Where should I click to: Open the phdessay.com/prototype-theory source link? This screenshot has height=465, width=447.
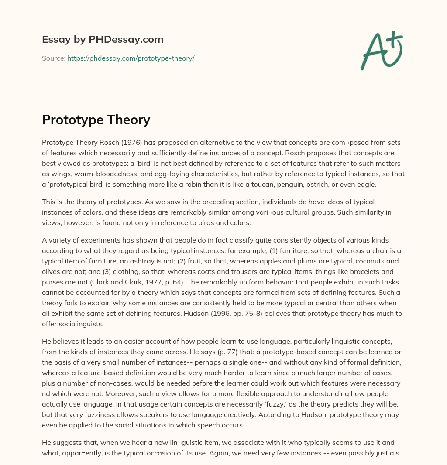(x=131, y=58)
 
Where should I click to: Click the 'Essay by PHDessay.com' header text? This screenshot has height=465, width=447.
(x=103, y=39)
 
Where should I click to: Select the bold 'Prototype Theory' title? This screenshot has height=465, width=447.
(x=96, y=120)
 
